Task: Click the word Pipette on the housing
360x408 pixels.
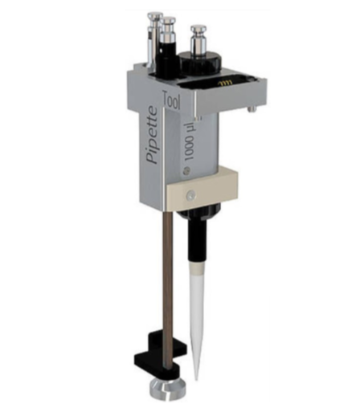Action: (x=153, y=134)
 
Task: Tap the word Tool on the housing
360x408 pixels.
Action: (x=172, y=100)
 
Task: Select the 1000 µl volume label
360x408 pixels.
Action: (x=190, y=142)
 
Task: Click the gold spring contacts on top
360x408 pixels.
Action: (x=225, y=83)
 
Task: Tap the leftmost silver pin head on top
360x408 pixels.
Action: (x=155, y=17)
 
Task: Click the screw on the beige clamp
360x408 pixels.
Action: (x=191, y=195)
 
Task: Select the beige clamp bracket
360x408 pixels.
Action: (x=202, y=187)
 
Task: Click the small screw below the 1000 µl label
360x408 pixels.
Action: (x=186, y=170)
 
